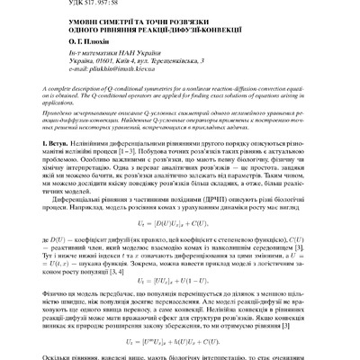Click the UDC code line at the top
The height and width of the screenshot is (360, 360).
click(x=82, y=3)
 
